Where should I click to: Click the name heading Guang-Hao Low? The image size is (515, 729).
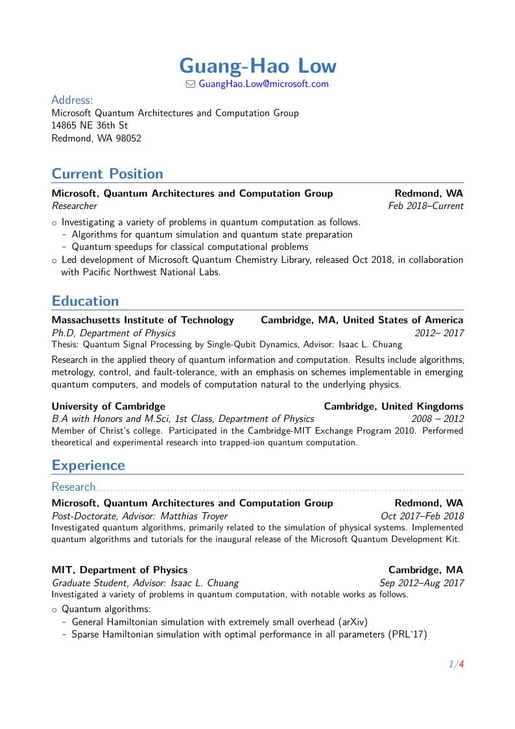(257, 66)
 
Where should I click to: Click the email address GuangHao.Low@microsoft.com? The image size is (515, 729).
(263, 84)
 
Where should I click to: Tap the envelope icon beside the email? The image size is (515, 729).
(190, 84)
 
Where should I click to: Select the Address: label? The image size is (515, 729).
(72, 100)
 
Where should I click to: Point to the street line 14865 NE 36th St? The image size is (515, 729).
(90, 125)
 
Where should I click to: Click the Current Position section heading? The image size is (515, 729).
(107, 173)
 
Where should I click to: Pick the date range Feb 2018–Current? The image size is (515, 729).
(425, 206)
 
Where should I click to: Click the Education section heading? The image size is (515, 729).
(85, 301)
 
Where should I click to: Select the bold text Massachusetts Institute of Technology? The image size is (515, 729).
(143, 319)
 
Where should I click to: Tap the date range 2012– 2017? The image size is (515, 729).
(439, 333)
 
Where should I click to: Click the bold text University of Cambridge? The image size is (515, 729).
(108, 406)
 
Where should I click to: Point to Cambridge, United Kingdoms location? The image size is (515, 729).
(393, 406)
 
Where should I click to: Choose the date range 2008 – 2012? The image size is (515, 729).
(437, 419)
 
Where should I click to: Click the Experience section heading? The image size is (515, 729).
(88, 465)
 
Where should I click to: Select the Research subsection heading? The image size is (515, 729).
(73, 487)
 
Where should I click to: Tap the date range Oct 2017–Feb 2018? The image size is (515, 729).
(422, 516)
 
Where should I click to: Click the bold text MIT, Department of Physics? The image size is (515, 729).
(119, 570)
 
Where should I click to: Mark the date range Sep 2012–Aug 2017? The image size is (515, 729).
(422, 583)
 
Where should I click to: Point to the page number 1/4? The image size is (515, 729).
(456, 664)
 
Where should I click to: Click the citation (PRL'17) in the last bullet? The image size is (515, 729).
(407, 634)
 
